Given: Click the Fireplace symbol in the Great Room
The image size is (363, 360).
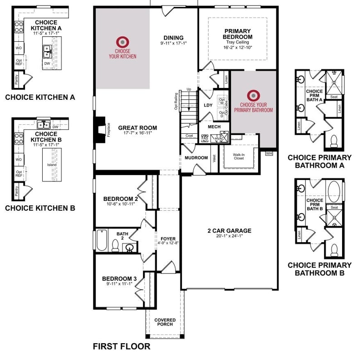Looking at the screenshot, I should tap(101, 128).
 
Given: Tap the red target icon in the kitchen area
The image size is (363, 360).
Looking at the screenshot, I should tap(122, 41).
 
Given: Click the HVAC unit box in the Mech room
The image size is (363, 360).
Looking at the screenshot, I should tap(222, 138).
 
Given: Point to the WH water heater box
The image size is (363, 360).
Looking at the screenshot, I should tap(269, 153).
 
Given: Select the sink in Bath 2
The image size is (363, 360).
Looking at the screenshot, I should tap(129, 248).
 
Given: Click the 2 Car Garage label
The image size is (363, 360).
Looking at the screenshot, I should tap(230, 231).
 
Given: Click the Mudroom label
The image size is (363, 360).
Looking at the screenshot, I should tap(196, 157).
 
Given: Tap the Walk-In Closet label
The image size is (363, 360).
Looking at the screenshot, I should tap(239, 157).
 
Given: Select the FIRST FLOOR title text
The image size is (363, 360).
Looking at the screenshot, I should tap(121, 347).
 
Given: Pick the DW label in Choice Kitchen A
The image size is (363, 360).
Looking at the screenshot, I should tap(47, 63).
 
